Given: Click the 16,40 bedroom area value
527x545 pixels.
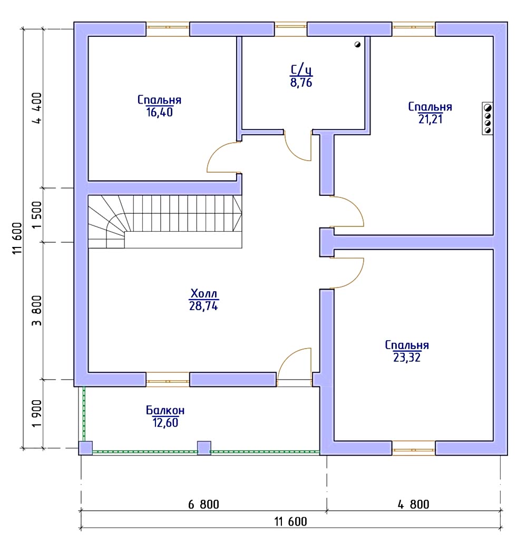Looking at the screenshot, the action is [159, 113].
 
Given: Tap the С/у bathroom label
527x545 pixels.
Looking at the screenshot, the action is [301, 70].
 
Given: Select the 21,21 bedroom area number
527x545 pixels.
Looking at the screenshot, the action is [431, 119].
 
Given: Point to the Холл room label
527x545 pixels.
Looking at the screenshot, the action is [204, 293].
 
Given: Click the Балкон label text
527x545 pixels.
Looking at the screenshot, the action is [165, 410].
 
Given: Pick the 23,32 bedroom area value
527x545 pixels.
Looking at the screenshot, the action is [407, 358].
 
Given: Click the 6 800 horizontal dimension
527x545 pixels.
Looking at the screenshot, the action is [204, 504].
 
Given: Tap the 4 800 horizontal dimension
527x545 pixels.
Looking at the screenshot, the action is [414, 504].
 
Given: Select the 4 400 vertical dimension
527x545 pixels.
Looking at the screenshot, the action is [36, 108].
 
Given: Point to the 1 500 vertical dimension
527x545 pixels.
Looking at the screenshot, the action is [36, 215].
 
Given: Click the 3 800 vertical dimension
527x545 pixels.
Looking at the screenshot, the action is [36, 311].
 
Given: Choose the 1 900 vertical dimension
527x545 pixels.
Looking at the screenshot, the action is [36, 413].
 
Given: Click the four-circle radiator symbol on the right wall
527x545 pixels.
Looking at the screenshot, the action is [487, 118].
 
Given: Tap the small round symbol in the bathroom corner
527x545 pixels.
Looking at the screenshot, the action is [357, 44].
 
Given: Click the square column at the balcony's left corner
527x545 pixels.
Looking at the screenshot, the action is [85, 448].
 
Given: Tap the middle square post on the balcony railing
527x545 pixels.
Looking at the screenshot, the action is [204, 448].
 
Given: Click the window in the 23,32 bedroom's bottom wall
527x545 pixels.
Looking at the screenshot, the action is [414, 448].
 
